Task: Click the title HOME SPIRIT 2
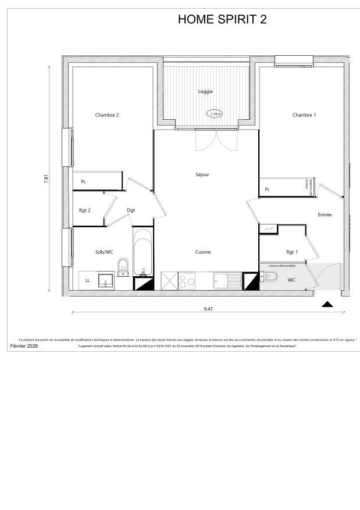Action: (222, 20)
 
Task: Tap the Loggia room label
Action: (205, 92)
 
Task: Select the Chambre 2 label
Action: (107, 115)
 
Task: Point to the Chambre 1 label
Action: (304, 115)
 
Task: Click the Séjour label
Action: (202, 174)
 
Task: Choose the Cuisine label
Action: (202, 252)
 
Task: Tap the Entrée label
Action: (325, 215)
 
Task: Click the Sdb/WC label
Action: (104, 252)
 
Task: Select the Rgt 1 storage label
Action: (292, 252)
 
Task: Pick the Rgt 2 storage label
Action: (85, 210)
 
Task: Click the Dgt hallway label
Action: (131, 210)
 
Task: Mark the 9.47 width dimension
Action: (208, 309)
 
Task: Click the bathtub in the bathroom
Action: (143, 254)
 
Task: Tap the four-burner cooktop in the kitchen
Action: (187, 281)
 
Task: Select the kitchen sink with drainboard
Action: (227, 281)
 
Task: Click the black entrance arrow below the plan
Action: (327, 304)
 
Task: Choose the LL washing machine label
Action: (88, 280)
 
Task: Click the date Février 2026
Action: (23, 346)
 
